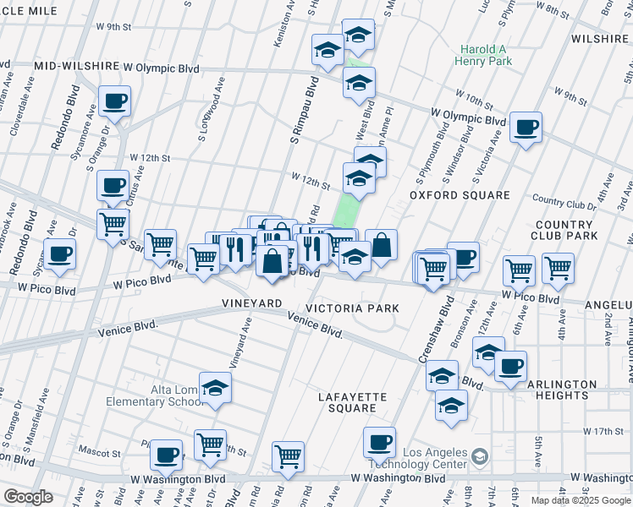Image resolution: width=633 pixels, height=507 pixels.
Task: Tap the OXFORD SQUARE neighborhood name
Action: (x=460, y=195)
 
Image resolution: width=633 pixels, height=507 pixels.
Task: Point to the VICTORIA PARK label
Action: (x=352, y=308)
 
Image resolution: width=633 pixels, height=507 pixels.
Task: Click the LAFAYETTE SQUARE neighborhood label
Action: (x=352, y=402)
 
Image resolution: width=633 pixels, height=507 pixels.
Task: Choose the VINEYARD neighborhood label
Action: (x=251, y=303)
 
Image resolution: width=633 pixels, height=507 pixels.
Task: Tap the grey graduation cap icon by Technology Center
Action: (x=480, y=457)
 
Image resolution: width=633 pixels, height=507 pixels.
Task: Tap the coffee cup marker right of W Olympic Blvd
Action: (x=526, y=128)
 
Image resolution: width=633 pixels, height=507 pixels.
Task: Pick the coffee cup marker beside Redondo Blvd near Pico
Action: (x=60, y=254)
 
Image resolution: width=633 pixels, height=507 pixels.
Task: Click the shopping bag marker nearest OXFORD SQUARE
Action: (x=382, y=246)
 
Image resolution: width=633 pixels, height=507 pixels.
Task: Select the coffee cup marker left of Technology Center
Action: (x=380, y=442)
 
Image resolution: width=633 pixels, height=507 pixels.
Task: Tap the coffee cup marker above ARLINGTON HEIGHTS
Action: (x=510, y=367)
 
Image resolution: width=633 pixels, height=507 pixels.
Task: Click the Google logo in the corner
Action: (x=28, y=497)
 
